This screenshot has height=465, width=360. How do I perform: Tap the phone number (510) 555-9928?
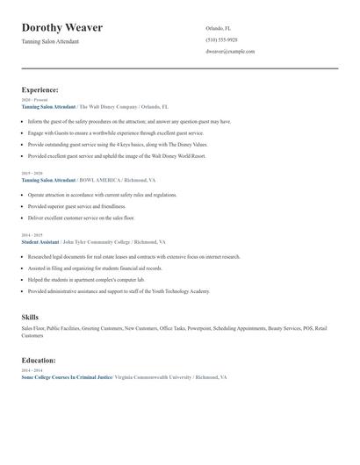[x=221, y=39]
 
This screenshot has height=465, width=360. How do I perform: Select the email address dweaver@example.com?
[x=230, y=51]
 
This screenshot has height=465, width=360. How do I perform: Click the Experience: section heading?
[x=40, y=89]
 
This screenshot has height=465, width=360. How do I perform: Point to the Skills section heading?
[x=30, y=317]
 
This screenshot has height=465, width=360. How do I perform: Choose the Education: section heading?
[x=39, y=360]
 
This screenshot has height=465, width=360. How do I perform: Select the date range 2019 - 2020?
[x=32, y=174]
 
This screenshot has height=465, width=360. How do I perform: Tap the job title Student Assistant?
[x=40, y=241]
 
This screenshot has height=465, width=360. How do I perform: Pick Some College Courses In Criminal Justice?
[x=67, y=376]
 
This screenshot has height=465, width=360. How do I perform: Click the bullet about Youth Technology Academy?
[x=119, y=290]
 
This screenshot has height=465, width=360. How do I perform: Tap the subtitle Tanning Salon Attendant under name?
[x=50, y=41]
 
